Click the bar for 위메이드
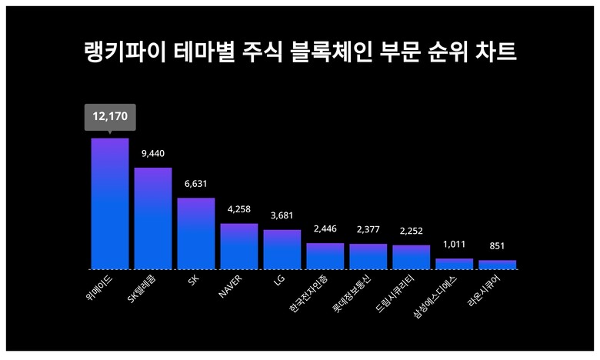[110, 204]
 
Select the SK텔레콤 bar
[153, 218]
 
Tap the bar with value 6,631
[196, 233]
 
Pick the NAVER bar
[239, 246]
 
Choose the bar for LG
[282, 249]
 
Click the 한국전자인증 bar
[325, 256]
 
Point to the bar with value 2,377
[368, 256]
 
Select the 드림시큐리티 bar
[412, 257]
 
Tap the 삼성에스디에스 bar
[455, 264]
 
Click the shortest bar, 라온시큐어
[498, 265]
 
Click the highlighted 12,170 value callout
[110, 117]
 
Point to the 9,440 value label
[153, 153]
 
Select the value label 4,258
[239, 209]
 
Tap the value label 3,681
[282, 215]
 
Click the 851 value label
[498, 246]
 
